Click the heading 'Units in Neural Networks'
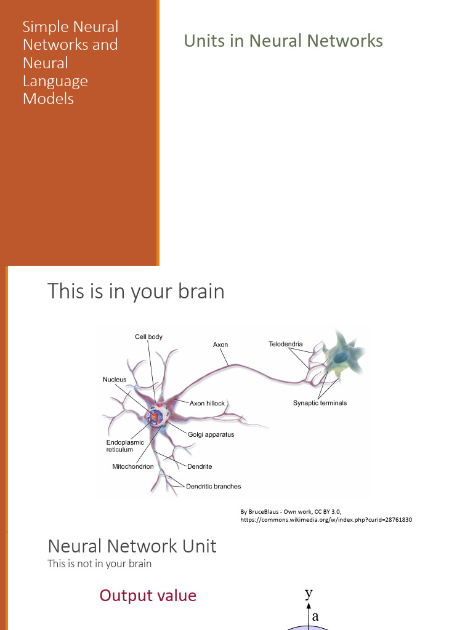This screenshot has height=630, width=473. point(283,41)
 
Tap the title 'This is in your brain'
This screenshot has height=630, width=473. point(135,291)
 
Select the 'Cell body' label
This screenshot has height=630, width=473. point(148,337)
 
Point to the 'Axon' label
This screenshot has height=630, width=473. point(220,345)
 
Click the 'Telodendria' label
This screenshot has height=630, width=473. point(286,344)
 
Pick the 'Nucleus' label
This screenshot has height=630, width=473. point(115,379)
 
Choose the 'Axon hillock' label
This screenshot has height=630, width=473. point(207,404)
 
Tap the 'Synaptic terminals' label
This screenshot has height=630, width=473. point(320,403)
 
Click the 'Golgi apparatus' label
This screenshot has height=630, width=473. point(211,434)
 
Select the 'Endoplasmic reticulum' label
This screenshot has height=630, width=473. point(125,446)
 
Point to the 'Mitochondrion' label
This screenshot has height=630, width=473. point(133,466)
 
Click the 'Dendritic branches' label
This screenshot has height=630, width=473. point(213,486)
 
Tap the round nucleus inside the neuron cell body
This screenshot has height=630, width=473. point(155,417)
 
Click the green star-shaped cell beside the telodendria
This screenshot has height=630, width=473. point(342,356)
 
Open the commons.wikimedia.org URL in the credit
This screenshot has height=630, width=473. point(326,519)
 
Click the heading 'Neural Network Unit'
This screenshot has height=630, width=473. point(132,546)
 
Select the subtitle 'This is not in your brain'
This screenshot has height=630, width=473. point(99,564)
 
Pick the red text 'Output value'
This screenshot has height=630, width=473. point(148,596)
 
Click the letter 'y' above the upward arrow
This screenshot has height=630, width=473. point(309,593)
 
